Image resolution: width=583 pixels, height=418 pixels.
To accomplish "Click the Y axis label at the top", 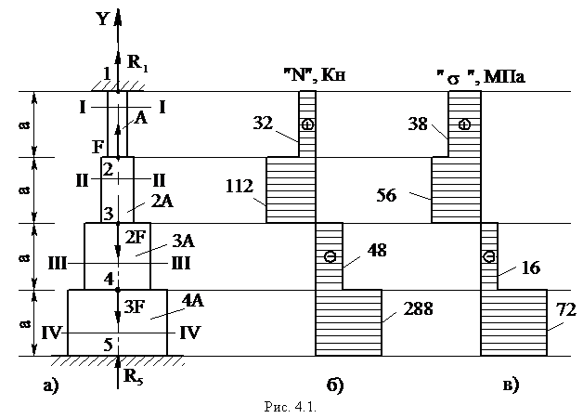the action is point(102,19).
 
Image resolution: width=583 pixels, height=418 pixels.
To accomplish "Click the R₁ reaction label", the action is point(137,62).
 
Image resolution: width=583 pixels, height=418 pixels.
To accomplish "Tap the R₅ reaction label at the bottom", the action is point(134,377).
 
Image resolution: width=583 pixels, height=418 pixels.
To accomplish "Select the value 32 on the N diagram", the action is point(263,124).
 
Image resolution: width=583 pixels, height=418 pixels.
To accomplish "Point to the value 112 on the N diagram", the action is point(240,186).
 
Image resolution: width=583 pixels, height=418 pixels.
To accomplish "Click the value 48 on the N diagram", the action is point(377,251).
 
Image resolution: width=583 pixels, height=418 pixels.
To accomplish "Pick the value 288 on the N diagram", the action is point(419,308).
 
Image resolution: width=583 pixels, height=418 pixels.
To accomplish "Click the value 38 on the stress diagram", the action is point(419,124).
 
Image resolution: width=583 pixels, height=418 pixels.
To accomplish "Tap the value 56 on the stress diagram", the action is point(386,195).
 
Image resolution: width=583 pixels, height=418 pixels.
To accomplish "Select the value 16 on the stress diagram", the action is point(531,268).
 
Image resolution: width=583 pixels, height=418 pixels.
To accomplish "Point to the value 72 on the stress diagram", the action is point(566,309).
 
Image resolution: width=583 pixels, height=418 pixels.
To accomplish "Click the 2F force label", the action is point(135,238).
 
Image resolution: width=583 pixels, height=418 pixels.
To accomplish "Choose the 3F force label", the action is point(134,307).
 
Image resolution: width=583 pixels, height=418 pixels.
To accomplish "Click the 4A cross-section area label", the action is point(193,300).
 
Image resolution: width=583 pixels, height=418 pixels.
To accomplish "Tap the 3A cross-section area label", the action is point(184,242).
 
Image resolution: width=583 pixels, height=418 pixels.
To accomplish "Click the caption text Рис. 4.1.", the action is point(291,407).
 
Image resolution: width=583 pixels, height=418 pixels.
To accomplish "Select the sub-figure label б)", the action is point(335,385).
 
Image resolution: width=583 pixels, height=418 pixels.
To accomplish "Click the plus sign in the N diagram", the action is point(308,124).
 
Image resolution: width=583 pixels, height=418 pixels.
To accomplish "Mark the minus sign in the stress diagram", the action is point(489,256).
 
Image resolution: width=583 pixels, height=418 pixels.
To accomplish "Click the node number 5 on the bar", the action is point(108,345).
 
